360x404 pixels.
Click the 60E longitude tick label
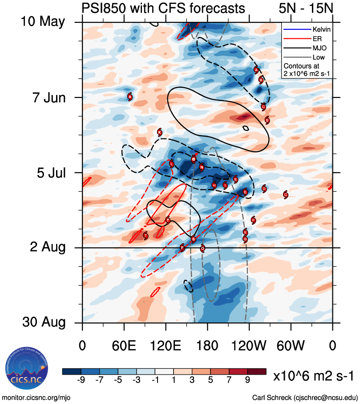(x=124, y=346)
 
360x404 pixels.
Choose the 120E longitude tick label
(x=166, y=346)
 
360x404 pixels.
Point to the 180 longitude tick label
(x=207, y=346)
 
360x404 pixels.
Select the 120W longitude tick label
(x=249, y=346)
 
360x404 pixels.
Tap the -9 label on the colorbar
(x=81, y=380)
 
